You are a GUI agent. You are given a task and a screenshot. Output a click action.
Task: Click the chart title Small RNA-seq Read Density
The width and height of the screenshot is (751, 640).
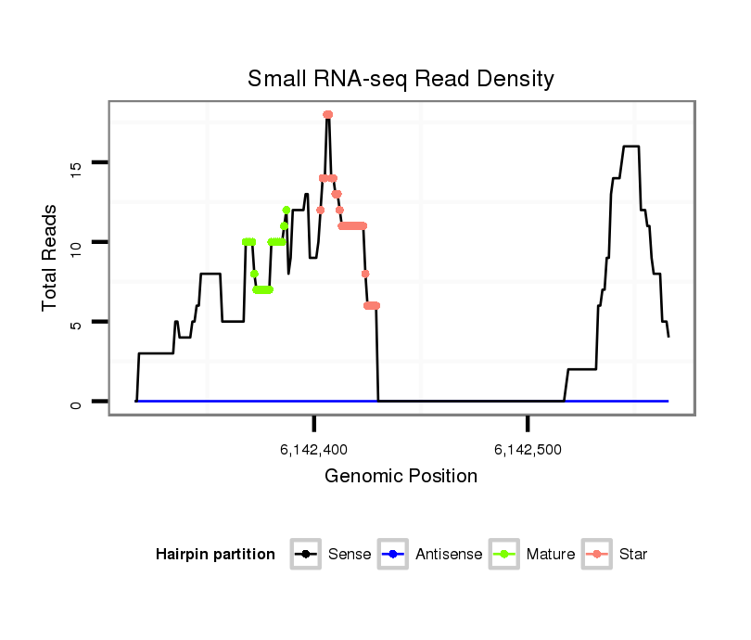coord(401,79)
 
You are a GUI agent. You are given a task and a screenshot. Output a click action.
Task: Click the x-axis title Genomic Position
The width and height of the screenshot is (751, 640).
coord(401,477)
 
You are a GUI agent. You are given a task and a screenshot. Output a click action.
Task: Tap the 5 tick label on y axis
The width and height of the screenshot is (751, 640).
coord(76,323)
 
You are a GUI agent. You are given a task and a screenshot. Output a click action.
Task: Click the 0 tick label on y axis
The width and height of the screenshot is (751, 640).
coord(76,402)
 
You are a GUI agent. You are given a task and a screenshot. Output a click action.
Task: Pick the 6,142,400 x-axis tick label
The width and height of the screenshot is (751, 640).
coord(313,451)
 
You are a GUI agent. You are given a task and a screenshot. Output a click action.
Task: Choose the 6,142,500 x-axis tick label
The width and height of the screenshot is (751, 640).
coord(528,451)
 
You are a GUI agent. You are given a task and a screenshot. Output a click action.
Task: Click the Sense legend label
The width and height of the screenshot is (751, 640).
coord(350,555)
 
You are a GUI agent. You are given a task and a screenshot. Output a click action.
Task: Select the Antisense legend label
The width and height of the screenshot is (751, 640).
coord(449,555)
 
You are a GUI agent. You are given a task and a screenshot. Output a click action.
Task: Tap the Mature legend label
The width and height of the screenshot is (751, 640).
coord(550,555)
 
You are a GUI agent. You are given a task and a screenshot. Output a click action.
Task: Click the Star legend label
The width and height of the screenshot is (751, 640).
coord(633,555)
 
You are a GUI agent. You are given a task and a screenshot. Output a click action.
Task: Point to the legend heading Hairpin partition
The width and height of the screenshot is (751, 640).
coord(215,555)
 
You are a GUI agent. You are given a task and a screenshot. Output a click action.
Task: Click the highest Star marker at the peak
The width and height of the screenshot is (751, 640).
coord(327,115)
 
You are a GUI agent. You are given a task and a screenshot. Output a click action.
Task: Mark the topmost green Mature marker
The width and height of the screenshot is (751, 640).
coord(286,210)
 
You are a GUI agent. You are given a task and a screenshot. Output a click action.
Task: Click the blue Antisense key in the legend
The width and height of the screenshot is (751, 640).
coord(394,555)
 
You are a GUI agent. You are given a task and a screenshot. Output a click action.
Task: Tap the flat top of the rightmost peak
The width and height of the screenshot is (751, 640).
coord(630,147)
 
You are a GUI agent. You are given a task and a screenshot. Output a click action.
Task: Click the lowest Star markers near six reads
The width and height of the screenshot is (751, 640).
coord(372,305)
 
